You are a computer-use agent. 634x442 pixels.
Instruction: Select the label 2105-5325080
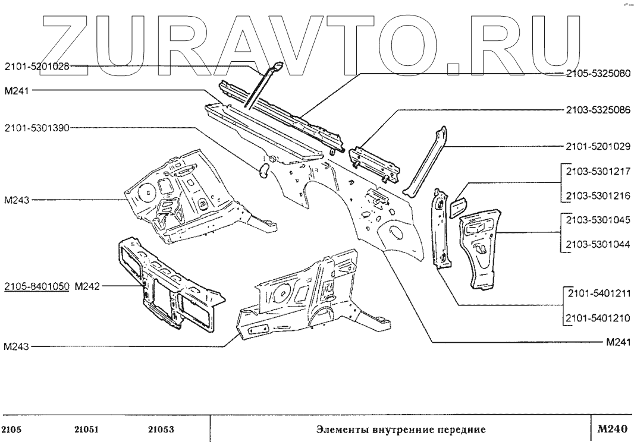coord(597,75)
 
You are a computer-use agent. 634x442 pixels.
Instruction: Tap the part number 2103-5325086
coord(597,110)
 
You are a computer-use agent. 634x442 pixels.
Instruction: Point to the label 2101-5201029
coord(597,146)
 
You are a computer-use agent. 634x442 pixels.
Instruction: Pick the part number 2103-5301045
coord(597,220)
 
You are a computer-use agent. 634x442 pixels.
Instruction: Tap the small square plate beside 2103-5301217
coord(459,207)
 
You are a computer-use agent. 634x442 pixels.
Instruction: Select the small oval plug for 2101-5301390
coord(262,171)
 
